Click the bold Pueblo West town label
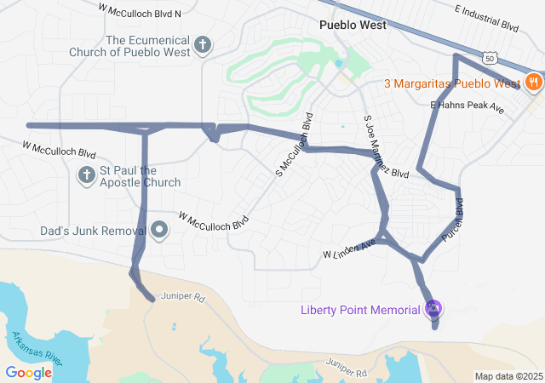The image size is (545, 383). coord(352,25)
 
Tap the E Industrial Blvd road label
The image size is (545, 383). coord(486,17)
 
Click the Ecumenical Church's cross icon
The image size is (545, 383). coord(203,45)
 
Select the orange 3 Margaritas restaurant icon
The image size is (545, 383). coord(533,83)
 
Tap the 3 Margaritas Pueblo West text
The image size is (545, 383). coord(451,83)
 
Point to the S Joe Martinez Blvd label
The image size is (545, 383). coord(386,146)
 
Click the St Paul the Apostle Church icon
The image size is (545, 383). coord(86,176)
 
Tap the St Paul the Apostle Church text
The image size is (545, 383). coord(141,176)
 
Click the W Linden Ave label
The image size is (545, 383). coord(349,250)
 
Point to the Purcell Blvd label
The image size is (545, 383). coord(453,218)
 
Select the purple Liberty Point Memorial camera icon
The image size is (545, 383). coord(433,308)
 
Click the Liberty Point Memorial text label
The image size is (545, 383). coord(361,308)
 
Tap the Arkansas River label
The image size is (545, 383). coord(37,349)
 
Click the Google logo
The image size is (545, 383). coord(29,372)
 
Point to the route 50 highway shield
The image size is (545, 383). coord(489,57)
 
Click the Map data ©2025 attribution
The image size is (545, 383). coord(508,376)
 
